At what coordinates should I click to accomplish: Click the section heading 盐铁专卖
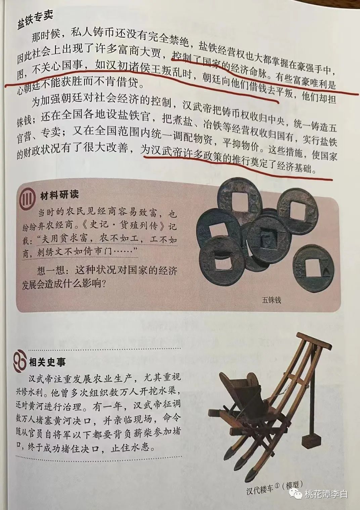tap(35, 20)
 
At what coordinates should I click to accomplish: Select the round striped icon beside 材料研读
tap(28, 197)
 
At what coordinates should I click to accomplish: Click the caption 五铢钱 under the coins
tap(271, 300)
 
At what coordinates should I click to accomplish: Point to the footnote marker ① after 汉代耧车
tap(277, 478)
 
